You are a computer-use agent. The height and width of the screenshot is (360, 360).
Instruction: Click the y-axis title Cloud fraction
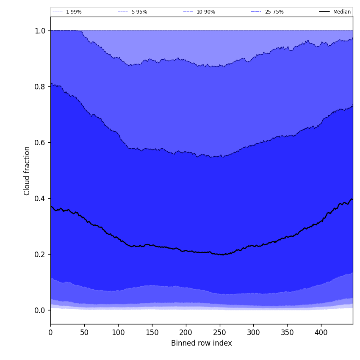(x=27, y=171)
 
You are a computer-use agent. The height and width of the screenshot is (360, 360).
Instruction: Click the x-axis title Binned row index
(x=202, y=343)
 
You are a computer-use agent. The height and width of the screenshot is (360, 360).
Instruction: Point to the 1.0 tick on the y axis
(x=40, y=31)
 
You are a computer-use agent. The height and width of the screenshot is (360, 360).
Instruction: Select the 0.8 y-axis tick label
(x=40, y=87)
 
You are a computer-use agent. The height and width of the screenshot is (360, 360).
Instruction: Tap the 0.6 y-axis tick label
(x=40, y=143)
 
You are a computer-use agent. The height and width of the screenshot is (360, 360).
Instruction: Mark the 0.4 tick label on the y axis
(x=40, y=199)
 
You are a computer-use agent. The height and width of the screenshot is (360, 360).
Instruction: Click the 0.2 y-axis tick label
(x=40, y=255)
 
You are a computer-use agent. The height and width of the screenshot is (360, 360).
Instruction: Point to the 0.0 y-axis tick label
(x=40, y=310)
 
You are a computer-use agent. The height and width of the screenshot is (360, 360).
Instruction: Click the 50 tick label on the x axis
(x=84, y=332)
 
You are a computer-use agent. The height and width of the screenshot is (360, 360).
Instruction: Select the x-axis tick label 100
(x=118, y=332)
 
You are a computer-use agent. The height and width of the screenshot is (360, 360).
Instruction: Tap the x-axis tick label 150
(x=152, y=332)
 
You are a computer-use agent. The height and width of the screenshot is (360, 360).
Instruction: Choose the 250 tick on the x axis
(x=219, y=332)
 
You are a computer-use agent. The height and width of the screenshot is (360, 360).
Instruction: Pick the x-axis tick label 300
(x=253, y=332)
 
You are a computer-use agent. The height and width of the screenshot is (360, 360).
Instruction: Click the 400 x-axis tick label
(x=321, y=332)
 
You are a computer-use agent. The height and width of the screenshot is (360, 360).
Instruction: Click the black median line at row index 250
(x=219, y=254)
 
